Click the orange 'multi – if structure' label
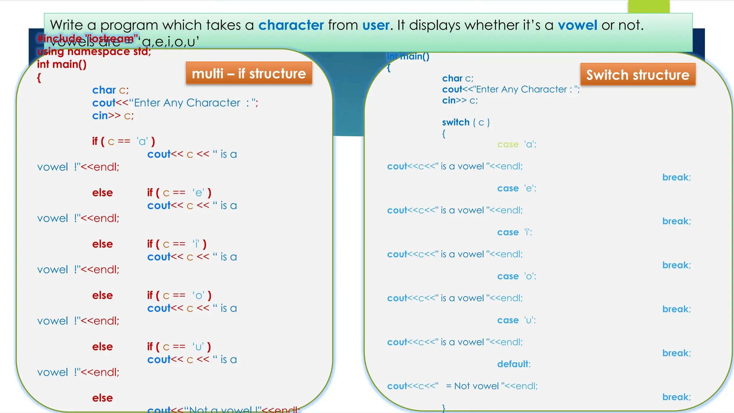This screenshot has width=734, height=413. (249, 73)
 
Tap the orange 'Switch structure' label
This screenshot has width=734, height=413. (638, 75)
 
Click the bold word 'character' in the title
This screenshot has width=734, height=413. (291, 25)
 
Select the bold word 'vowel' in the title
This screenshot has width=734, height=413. (577, 25)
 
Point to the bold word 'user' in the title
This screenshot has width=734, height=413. (376, 25)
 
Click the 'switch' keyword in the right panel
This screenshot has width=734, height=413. (456, 122)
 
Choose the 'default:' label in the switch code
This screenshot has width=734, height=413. (514, 364)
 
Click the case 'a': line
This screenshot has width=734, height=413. (516, 144)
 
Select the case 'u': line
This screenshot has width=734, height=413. (516, 320)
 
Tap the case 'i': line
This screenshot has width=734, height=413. (515, 232)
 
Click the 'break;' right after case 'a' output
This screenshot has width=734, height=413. (676, 177)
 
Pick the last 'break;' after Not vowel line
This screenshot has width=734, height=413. (676, 397)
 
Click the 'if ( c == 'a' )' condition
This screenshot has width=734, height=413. (124, 141)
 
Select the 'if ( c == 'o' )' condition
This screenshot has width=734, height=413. (179, 295)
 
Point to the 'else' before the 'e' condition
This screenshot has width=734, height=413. (103, 193)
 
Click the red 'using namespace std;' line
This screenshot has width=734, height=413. (94, 52)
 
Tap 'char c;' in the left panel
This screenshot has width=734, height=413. (110, 90)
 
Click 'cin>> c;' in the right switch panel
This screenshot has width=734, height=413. (460, 100)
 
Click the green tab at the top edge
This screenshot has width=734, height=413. (648, 6)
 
